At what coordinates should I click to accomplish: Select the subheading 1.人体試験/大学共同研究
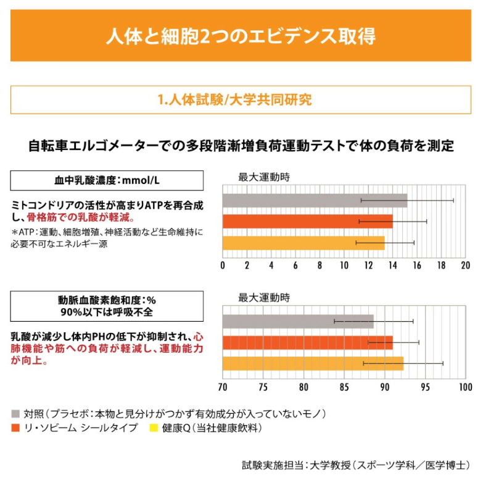[241, 99]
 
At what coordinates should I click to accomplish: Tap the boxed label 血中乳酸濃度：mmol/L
[107, 180]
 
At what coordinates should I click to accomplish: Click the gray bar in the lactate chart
[315, 201]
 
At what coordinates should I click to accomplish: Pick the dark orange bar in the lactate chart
[307, 221]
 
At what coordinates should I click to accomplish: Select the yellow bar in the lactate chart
[303, 243]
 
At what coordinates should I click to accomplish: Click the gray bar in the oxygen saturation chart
[298, 321]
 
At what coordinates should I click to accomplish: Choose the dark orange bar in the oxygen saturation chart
[307, 342]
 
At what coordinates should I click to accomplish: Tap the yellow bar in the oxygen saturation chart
[313, 364]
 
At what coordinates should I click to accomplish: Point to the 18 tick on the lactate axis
[441, 265]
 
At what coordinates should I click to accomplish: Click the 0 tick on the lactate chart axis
[223, 265]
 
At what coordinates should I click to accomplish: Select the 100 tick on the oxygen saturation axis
[464, 387]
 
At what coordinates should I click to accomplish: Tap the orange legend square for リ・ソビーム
[15, 427]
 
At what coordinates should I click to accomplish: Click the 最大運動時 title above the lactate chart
[263, 177]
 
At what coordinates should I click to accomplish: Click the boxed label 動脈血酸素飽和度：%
[107, 305]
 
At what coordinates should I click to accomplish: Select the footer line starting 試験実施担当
[357, 464]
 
